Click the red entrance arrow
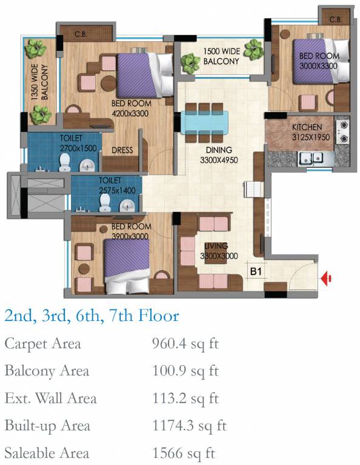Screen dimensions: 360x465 pos(326,279)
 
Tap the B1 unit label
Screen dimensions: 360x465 pos(256,271)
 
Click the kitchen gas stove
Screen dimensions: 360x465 pos(342,132)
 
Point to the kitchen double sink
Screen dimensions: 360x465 pos(310,158)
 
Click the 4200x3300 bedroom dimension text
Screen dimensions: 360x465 pos(130,113)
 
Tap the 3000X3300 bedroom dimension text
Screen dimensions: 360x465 pos(318,65)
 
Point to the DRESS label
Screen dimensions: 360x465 pos(122,150)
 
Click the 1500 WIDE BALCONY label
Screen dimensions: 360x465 pos(221,56)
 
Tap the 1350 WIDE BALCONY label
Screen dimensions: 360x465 pos(40,82)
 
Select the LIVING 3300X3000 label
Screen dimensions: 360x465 pos(219,251)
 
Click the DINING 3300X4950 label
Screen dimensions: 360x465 pos(219,155)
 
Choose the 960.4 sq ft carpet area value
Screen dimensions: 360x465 pos(185,345)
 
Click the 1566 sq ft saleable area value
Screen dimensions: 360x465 pos(184,453)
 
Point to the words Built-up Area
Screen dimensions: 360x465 pos(47,426)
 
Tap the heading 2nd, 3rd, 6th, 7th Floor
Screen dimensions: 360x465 pos(92,315)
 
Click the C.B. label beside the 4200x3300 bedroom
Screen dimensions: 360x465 pos(81,34)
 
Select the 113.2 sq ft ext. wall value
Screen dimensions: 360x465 pos(185,398)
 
